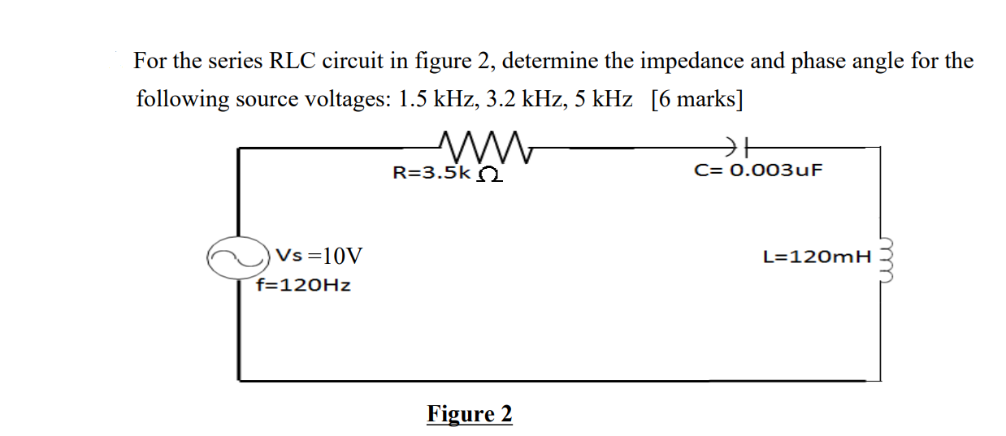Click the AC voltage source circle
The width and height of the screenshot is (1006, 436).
coord(238,257)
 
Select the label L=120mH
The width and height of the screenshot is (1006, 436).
coord(817,257)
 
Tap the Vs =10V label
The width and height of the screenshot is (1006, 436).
coord(319,257)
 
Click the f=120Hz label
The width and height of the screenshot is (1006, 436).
coord(302,285)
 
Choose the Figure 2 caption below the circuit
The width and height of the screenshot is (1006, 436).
coord(470,414)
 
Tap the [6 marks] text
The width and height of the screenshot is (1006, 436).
coord(697,100)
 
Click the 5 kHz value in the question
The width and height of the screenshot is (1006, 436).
coord(602,100)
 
